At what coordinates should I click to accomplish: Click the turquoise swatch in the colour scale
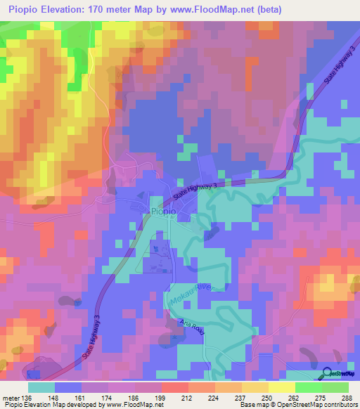[41, 387]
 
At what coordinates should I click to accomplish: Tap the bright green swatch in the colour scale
[309, 387]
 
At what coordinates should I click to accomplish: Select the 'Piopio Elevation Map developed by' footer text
[53, 405]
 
